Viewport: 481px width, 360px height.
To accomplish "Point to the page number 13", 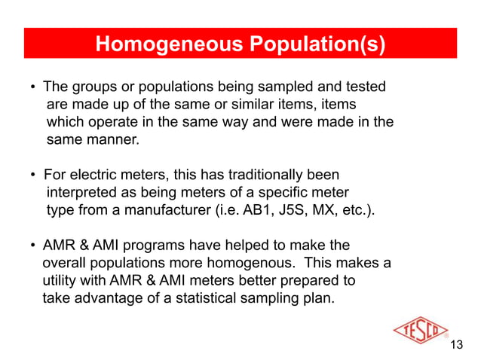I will (x=455, y=345).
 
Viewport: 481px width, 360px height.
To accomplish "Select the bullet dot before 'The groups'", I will (x=33, y=88).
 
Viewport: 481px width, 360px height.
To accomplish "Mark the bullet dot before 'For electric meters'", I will (x=33, y=176).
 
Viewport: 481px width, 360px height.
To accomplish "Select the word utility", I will (x=63, y=280).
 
